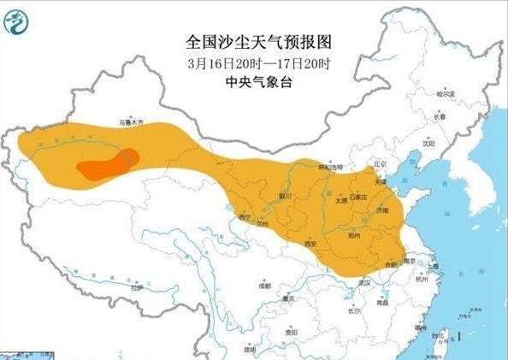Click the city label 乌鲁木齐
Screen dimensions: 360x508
point(133,124)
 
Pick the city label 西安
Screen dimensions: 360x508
point(312,245)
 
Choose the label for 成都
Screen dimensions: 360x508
point(264,286)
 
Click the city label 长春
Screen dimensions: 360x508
point(440,116)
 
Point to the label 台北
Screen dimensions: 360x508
point(441,335)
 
